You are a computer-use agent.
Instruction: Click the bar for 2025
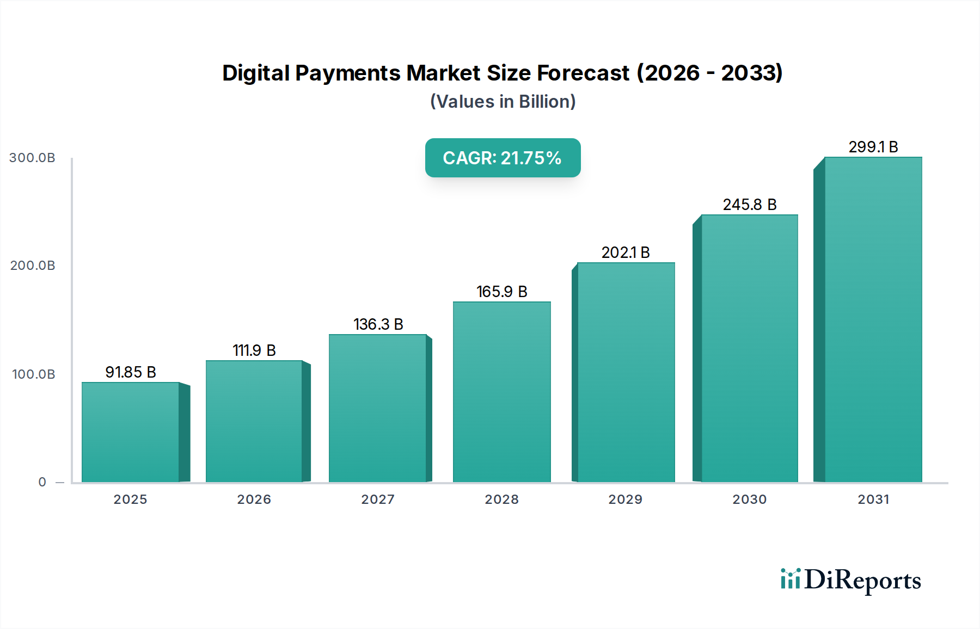tap(131, 432)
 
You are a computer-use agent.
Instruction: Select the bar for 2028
tap(501, 392)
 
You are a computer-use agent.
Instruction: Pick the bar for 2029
tap(626, 372)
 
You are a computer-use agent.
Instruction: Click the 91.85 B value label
tap(131, 372)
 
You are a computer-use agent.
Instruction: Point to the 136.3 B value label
tap(378, 324)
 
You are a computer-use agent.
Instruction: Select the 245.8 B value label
tap(749, 205)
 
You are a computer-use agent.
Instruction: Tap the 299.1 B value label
tap(873, 147)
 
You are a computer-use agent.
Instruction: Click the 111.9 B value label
tap(254, 350)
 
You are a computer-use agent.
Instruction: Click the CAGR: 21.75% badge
tap(503, 158)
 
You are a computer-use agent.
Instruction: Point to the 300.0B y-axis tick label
tap(32, 158)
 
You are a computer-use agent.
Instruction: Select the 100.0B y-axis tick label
tap(33, 374)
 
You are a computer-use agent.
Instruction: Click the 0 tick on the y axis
tap(42, 482)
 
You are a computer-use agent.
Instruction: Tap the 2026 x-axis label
tap(254, 499)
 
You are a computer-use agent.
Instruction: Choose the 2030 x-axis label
tap(749, 499)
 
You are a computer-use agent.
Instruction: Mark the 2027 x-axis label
tap(378, 499)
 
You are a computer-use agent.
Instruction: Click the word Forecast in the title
tap(583, 73)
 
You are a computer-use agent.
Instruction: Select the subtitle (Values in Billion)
tap(503, 102)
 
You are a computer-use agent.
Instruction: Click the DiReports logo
tap(850, 580)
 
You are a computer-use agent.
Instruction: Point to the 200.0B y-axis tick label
tap(32, 266)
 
